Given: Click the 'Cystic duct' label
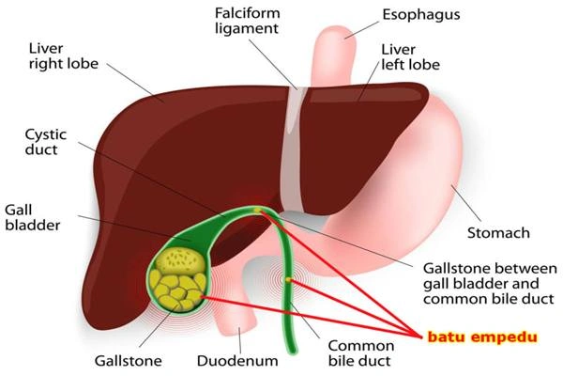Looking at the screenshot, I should tap(45, 142).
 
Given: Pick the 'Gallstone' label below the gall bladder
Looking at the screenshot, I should tap(129, 360).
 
